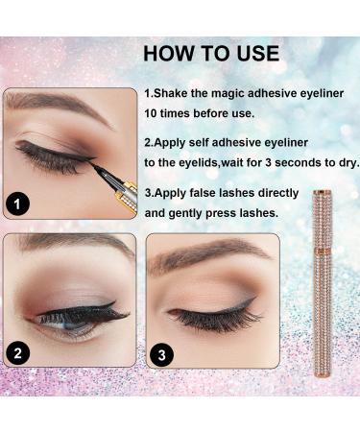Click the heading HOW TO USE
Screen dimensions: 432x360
pyautogui.click(x=210, y=52)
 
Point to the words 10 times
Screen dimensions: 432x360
pyautogui.click(x=172, y=114)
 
